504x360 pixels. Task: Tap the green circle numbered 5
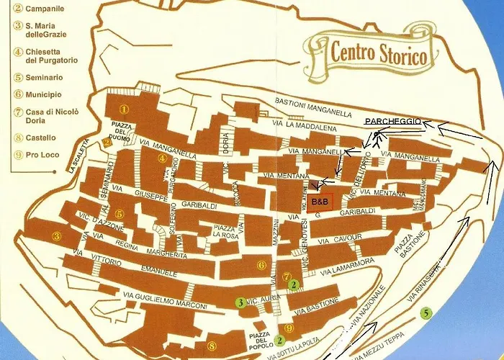pyautogui.click(x=426, y=313)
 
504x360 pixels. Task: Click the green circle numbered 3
pyautogui.click(x=240, y=302)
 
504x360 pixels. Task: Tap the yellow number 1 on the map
pyautogui.click(x=124, y=109)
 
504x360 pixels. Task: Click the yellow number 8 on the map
pyautogui.click(x=211, y=345)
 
